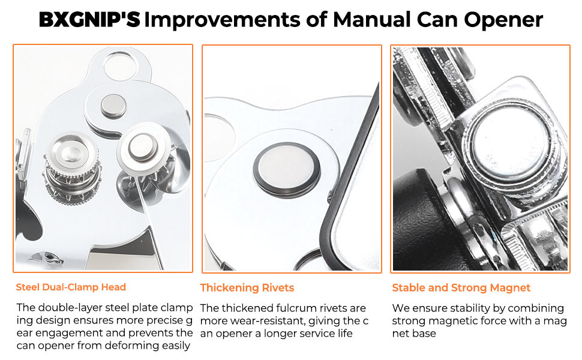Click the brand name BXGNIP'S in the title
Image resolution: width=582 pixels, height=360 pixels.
89,20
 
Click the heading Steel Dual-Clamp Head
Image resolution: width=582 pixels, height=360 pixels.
71,287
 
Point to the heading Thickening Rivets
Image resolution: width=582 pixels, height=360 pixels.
247,287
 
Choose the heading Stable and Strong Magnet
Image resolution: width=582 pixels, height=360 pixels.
461,287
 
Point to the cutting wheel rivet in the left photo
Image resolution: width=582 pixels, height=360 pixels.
140,145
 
